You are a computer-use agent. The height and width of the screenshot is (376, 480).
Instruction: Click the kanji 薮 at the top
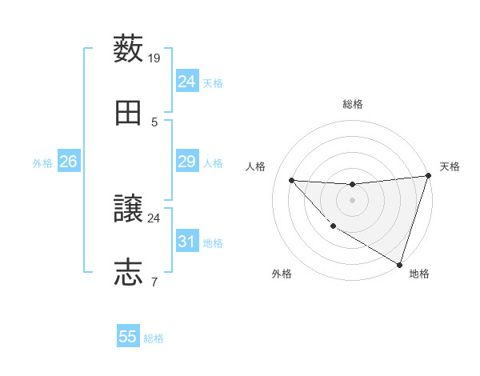[129, 49]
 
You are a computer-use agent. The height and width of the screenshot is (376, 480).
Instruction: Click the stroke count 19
[154, 58]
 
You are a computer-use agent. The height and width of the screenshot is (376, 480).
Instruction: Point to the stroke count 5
[154, 122]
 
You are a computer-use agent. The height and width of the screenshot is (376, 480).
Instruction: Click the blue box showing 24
[186, 82]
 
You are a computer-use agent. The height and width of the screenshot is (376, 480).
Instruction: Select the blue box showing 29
[186, 162]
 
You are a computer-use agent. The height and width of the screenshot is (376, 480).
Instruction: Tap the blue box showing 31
[186, 242]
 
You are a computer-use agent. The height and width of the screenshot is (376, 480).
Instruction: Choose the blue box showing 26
[68, 162]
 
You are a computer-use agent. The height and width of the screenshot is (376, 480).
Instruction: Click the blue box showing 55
[128, 337]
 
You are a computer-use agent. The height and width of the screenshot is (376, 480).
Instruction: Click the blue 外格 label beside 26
[42, 163]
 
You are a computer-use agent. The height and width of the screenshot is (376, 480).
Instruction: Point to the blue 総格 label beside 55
[154, 338]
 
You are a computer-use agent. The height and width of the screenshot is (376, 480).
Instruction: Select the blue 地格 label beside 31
[213, 243]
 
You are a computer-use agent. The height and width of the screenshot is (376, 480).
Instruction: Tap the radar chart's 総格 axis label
[352, 104]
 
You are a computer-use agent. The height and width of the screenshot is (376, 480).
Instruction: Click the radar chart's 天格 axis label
[450, 166]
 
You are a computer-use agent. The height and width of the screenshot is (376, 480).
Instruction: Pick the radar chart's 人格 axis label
[255, 166]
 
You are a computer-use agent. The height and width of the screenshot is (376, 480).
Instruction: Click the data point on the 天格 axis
[429, 176]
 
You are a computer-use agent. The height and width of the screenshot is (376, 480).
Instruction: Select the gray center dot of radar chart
[352, 200]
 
